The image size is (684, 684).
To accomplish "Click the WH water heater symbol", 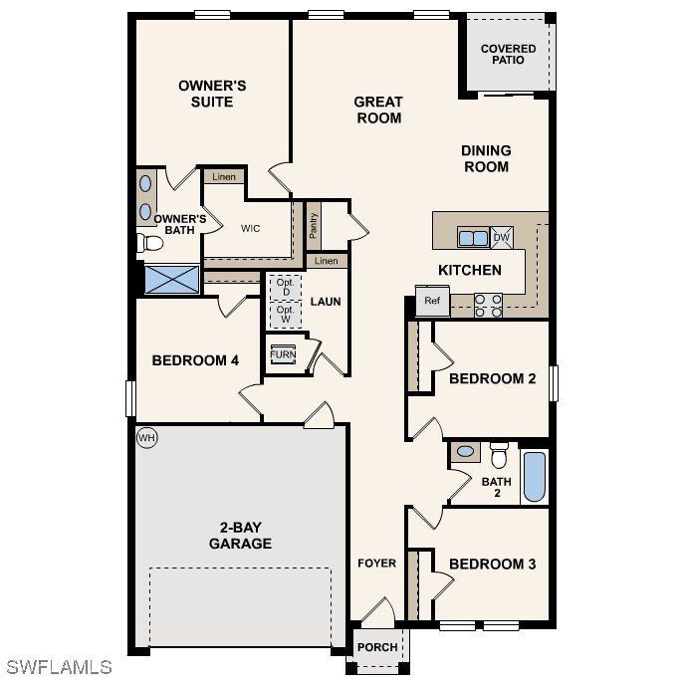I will [146, 437].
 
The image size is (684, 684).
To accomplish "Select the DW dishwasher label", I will [501, 237].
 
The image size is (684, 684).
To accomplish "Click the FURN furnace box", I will [283, 354].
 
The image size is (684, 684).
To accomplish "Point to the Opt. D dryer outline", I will [284, 286].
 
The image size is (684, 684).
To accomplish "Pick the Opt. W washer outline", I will [284, 314].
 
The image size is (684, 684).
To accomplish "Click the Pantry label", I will [313, 225].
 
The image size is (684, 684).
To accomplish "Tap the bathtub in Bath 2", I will [535, 477].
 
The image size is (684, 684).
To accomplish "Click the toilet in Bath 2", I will [499, 454].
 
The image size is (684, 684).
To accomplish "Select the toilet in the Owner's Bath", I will [152, 243].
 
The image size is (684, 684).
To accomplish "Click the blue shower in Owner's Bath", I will [171, 279].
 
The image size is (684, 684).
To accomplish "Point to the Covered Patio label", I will [508, 54].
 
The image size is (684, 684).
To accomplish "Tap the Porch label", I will [377, 647].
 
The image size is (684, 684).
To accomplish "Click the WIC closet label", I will [250, 228].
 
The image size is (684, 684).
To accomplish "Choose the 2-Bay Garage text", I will [240, 536].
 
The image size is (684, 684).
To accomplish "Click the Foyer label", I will [377, 564].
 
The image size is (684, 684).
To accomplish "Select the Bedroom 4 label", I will [195, 360].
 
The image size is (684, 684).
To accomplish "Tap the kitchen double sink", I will [473, 238].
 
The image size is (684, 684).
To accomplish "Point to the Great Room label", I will [378, 110].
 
